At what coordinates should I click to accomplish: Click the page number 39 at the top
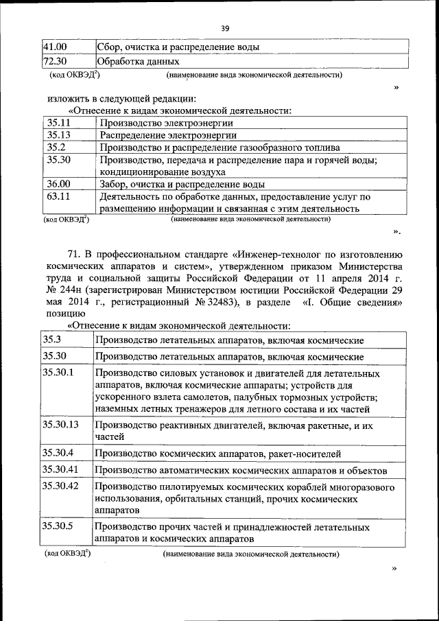click(x=224, y=28)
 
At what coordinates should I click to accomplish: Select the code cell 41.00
click(x=55, y=47)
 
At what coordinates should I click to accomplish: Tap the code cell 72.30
click(x=55, y=62)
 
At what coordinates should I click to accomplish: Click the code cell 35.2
click(x=56, y=147)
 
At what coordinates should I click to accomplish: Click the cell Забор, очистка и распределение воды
click(x=182, y=184)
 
